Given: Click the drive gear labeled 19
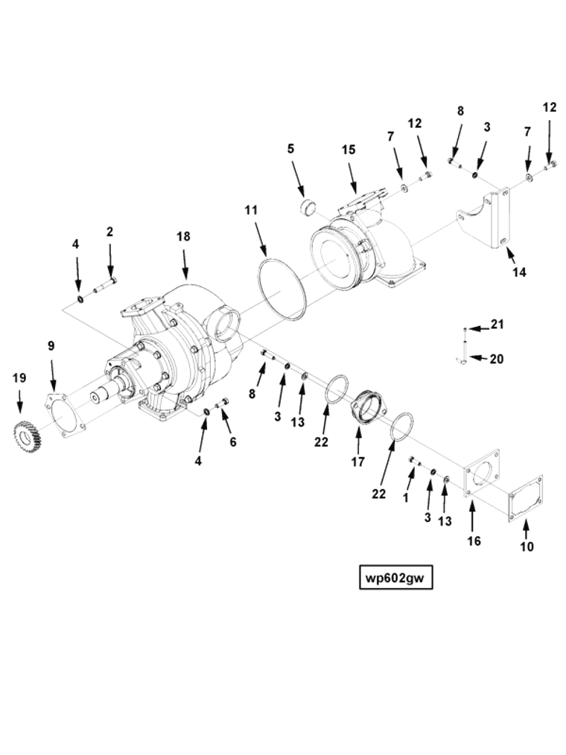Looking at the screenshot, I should pos(26,435).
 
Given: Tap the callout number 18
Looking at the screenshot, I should pos(183,236).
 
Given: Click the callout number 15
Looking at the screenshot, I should pos(349,150).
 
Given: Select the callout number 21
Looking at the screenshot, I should pos(497,324).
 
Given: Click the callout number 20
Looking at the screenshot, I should pos(497,359).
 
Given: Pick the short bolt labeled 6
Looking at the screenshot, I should pos(221,404).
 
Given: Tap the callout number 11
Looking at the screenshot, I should pos(251,210).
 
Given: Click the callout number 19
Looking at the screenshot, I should pos(19,377).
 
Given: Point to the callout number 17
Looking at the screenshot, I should pos(357,462).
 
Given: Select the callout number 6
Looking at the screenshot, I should pos(233,442).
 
